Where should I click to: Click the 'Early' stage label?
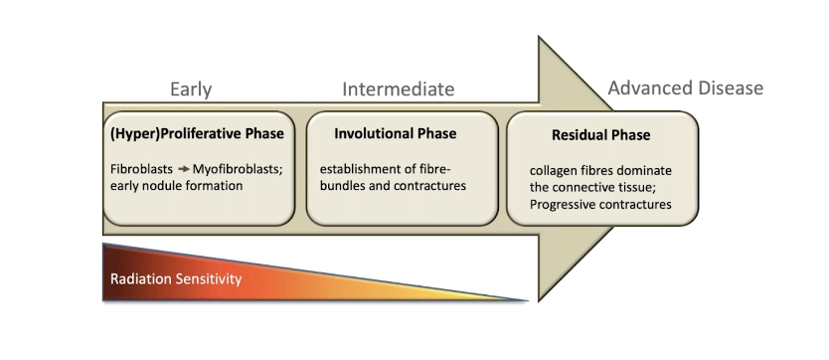tap(191, 90)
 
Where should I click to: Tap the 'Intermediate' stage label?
tap(399, 89)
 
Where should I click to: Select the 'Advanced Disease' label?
tap(685, 88)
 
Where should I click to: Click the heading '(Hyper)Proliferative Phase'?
tap(197, 133)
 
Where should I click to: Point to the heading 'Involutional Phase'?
tap(395, 133)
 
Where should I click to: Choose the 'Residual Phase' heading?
tap(601, 135)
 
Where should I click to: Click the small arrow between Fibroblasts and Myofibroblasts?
tap(184, 169)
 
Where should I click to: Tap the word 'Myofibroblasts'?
tap(237, 169)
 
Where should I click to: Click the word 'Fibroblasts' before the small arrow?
tap(142, 169)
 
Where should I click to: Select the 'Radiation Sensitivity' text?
tap(176, 279)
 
